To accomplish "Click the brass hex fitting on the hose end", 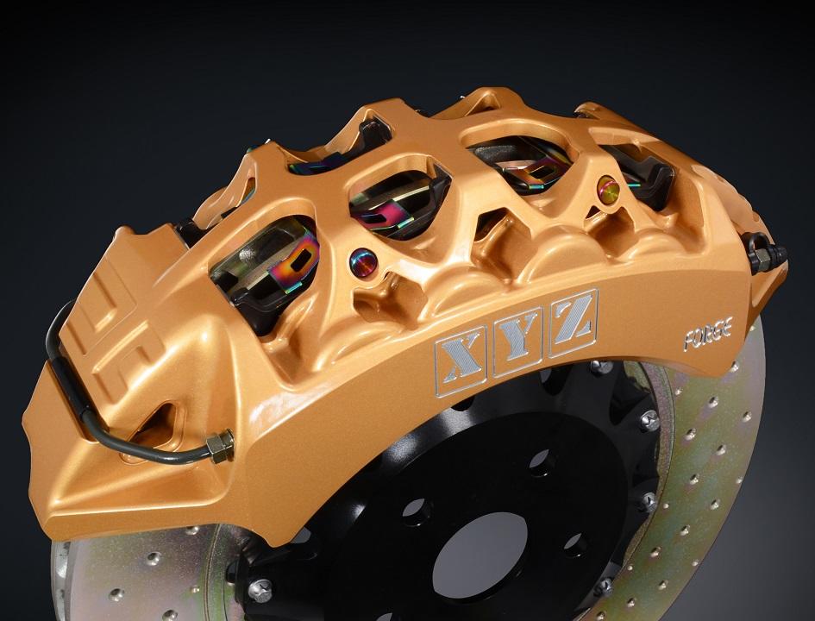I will tap(221, 445).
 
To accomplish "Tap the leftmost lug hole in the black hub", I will tap(415, 508).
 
